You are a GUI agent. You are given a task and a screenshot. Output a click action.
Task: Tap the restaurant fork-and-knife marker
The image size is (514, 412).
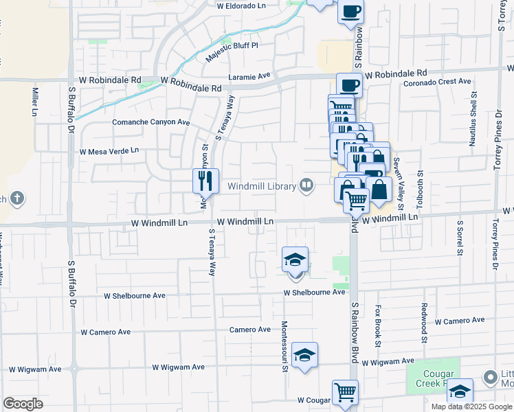click(x=205, y=181)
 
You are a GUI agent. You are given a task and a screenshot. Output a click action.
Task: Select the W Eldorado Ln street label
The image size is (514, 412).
click(x=241, y=5)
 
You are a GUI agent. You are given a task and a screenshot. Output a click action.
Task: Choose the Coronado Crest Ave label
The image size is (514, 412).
click(x=437, y=81)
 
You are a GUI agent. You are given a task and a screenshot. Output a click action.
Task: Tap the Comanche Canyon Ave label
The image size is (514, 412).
click(x=150, y=122)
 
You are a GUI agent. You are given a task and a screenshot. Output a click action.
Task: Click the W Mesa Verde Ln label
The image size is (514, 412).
click(x=109, y=150)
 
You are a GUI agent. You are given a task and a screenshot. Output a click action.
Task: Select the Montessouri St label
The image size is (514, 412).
click(x=284, y=346)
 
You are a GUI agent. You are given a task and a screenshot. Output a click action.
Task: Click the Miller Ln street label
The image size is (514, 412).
click(x=34, y=101)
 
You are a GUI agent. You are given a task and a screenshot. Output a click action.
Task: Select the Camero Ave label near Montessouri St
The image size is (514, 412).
click(x=250, y=330)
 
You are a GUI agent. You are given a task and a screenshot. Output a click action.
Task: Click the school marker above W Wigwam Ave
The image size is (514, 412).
click(x=304, y=355)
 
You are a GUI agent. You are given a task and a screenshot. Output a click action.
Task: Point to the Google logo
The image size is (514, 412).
click(x=23, y=404)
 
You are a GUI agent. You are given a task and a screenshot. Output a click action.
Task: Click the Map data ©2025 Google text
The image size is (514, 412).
click(x=472, y=407)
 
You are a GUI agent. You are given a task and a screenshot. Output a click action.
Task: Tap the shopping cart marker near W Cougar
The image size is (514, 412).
click(x=345, y=393)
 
